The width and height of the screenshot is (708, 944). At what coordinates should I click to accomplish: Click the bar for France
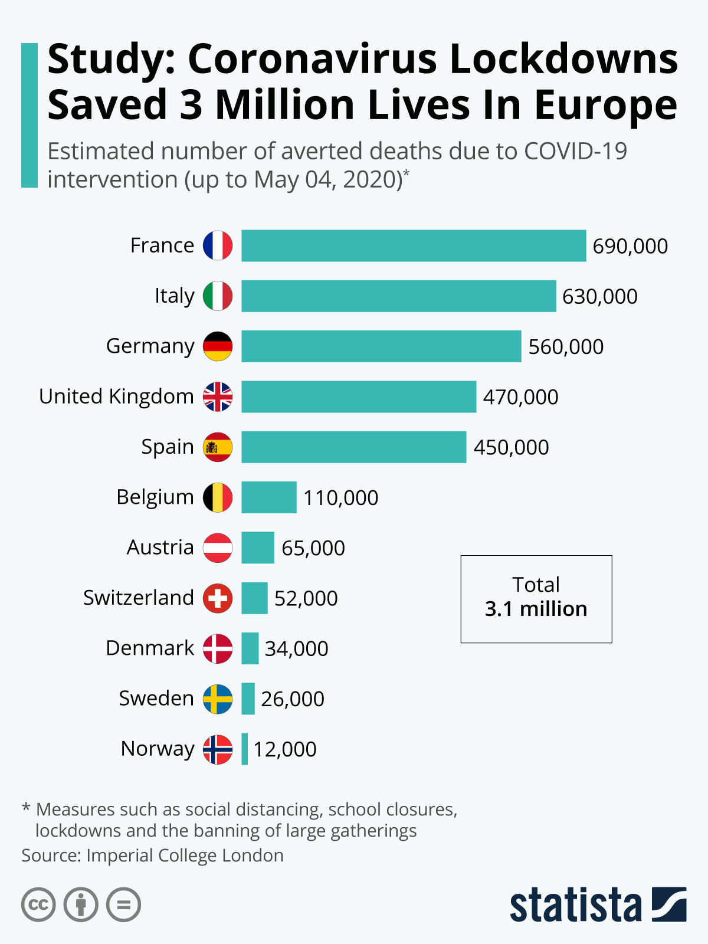(x=413, y=245)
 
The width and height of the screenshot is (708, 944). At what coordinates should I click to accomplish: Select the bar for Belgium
(x=268, y=497)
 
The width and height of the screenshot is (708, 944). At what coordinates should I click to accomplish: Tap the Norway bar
(x=244, y=749)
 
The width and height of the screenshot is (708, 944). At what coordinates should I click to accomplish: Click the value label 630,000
(x=599, y=296)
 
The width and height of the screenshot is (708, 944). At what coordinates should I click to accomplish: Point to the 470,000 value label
(x=520, y=397)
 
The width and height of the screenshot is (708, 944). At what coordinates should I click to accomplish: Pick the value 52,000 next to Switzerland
(x=306, y=598)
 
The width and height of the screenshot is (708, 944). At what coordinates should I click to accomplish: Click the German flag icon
(x=218, y=346)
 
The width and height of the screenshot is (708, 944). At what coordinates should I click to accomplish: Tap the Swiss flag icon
(x=218, y=598)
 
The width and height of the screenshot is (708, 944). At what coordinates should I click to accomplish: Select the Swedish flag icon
(x=218, y=699)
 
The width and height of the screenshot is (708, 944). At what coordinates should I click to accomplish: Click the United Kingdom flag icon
(x=218, y=396)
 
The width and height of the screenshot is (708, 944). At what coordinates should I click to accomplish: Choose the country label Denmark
(x=150, y=648)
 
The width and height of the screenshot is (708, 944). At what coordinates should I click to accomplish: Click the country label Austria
(x=160, y=548)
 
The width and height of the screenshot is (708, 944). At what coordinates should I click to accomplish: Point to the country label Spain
(x=168, y=447)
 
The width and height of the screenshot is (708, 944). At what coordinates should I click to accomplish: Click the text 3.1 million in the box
(x=536, y=609)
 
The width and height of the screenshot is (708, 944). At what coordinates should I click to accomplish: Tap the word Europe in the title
(x=605, y=105)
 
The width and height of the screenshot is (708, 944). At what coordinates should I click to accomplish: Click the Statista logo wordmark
(x=575, y=905)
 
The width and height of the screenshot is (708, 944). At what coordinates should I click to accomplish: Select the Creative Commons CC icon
(x=38, y=904)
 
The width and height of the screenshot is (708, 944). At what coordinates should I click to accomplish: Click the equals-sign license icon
(x=123, y=904)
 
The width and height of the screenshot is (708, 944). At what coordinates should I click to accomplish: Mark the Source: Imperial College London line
(x=152, y=855)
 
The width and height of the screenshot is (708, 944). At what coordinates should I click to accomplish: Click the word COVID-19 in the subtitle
(x=575, y=152)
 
